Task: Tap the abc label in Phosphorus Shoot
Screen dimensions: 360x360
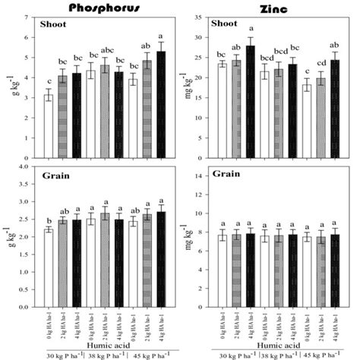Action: click(x=106, y=52)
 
